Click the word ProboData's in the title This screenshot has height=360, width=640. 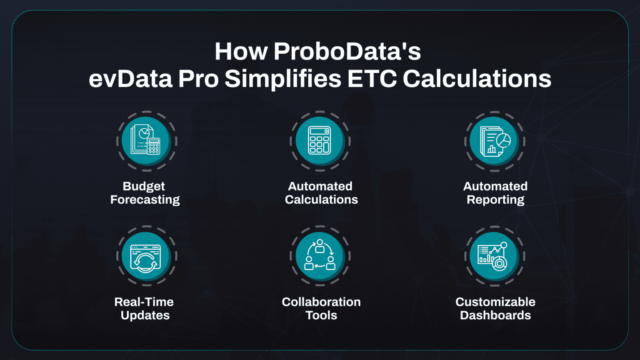[x=347, y=52]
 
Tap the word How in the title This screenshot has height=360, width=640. [x=241, y=52]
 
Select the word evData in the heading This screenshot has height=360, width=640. [x=130, y=79]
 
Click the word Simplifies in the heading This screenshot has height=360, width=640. [x=283, y=79]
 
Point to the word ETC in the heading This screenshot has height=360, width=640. [x=372, y=79]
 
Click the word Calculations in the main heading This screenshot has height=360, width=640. [x=477, y=79]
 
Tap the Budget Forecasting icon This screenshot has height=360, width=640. [x=146, y=141]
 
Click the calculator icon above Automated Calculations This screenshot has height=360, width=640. [x=320, y=141]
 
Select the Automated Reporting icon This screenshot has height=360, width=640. [x=495, y=141]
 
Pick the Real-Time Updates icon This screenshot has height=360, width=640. [x=146, y=256]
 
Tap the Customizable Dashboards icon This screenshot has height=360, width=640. [x=495, y=256]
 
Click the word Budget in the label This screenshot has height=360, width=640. [x=144, y=186]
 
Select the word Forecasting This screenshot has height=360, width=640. [x=145, y=200]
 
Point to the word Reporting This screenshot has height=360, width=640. [x=495, y=200]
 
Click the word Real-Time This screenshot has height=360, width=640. [x=144, y=302]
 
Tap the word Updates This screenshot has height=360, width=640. [x=145, y=315]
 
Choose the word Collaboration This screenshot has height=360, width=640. [x=321, y=302]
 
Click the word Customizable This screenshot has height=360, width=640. [x=495, y=302]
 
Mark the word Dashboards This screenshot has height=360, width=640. [x=495, y=315]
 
